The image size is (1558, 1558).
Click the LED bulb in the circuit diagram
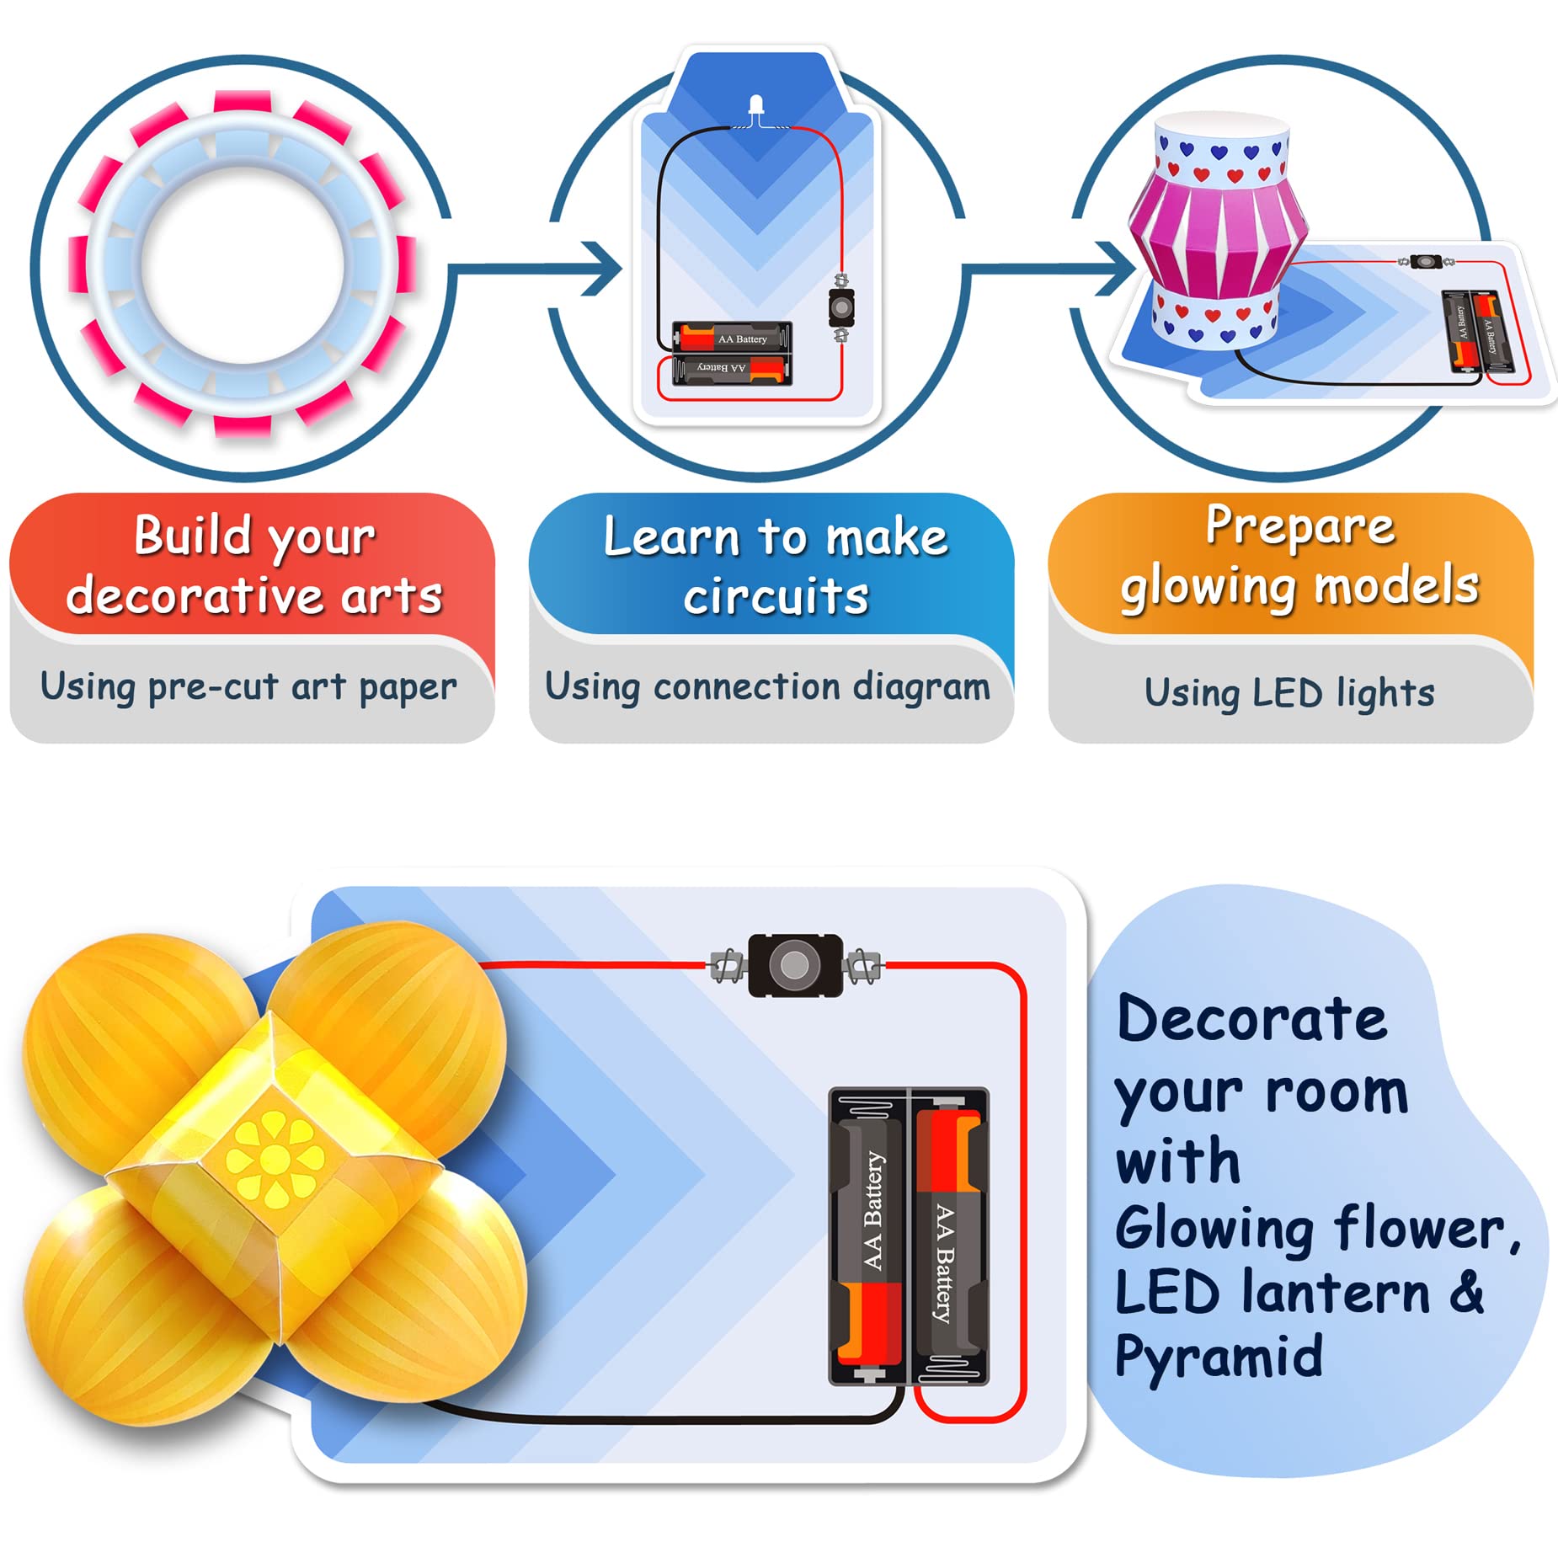[x=755, y=107]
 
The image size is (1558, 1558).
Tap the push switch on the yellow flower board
[x=794, y=965]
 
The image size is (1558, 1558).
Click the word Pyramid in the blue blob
[x=1219, y=1357]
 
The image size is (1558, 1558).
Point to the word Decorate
[x=1251, y=1019]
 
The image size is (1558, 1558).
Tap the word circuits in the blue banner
[x=776, y=597]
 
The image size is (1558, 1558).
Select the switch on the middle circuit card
[x=840, y=308]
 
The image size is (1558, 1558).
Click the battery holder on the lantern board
[x=1479, y=331]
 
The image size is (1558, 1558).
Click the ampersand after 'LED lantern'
[x=1467, y=1291]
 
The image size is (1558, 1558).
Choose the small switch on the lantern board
[x=1424, y=262]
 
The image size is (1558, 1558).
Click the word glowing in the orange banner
[x=1207, y=587]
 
